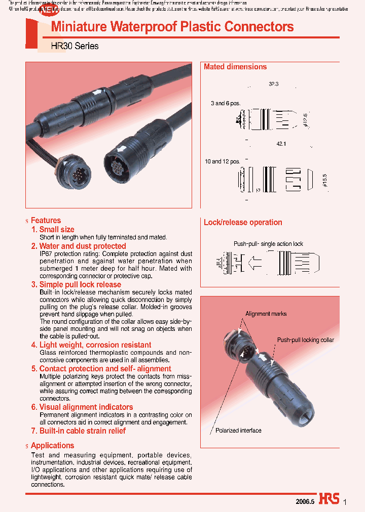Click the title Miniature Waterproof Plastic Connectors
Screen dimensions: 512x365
click(172, 27)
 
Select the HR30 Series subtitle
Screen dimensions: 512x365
click(75, 46)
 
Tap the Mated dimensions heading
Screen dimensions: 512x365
click(235, 67)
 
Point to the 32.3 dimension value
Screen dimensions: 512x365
click(274, 84)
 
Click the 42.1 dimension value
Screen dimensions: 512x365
click(282, 144)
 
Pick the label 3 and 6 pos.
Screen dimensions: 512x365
click(226, 103)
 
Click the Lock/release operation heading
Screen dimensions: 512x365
click(243, 222)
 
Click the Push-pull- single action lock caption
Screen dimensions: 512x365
click(268, 244)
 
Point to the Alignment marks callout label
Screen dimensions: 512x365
click(266, 314)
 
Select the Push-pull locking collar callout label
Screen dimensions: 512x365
click(305, 340)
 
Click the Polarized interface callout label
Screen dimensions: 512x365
click(238, 431)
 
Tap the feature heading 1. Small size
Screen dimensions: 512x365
click(53, 229)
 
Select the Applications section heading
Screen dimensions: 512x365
click(52, 445)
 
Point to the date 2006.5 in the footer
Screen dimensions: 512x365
click(305, 500)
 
